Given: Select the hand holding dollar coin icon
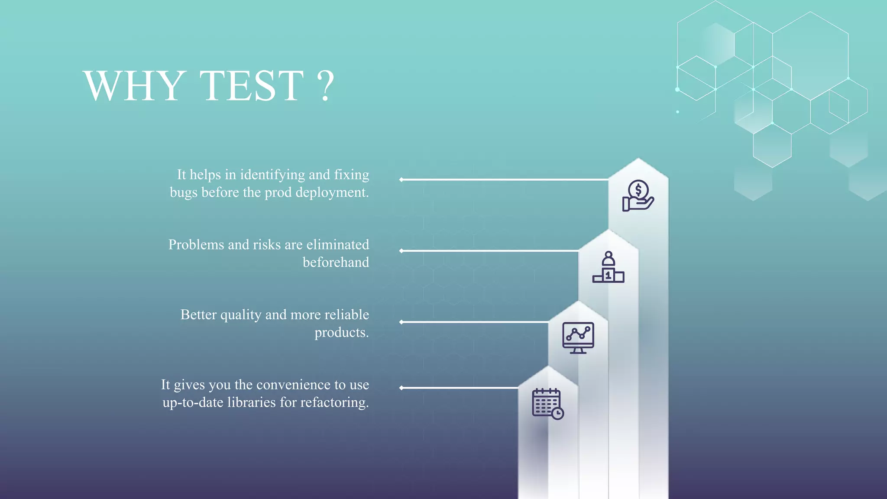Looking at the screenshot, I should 638,196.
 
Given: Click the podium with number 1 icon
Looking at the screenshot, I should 609,267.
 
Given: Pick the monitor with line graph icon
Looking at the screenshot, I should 578,338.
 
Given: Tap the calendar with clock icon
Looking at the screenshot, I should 548,404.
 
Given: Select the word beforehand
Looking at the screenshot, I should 336,262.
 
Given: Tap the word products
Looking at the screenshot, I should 341,333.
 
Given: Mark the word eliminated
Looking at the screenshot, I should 338,245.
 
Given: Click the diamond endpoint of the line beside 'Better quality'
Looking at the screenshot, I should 401,322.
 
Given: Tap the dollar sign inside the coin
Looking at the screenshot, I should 638,190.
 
